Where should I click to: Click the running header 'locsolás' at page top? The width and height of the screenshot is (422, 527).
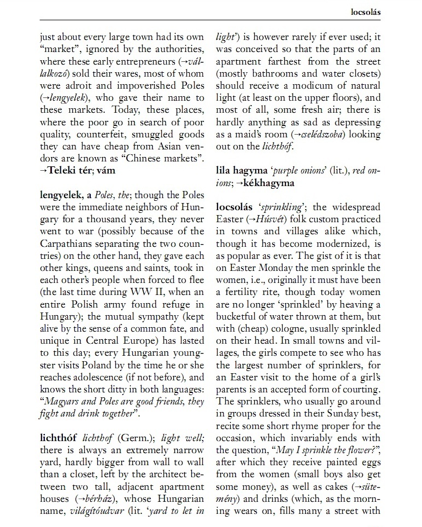[366, 11]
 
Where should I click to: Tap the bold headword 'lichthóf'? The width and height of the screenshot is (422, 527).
[58, 437]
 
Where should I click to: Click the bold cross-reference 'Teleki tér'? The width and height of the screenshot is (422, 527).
[69, 170]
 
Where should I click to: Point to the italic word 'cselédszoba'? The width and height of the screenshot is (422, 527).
[330, 134]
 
